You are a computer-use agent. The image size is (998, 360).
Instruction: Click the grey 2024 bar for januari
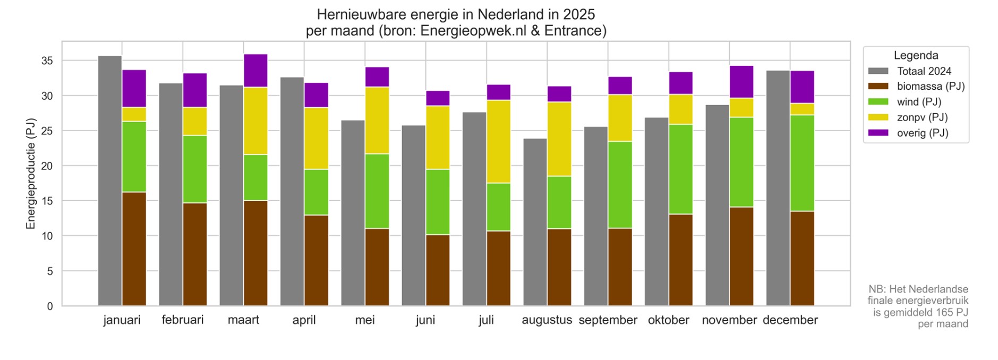110,181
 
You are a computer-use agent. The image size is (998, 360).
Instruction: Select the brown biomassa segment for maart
255,253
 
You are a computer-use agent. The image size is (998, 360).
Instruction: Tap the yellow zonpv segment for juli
499,141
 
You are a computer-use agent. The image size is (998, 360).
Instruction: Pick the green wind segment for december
802,163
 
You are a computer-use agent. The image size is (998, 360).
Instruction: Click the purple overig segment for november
741,82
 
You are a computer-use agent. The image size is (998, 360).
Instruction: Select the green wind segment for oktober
680,169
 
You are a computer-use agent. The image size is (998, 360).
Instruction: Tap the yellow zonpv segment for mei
377,120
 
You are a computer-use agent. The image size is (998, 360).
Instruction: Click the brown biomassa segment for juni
438,270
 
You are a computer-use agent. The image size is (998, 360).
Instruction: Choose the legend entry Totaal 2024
924,71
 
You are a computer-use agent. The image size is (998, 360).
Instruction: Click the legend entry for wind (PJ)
919,102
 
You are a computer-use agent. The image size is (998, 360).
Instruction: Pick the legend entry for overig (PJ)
922,133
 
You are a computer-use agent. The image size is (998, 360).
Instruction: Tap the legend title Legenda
916,55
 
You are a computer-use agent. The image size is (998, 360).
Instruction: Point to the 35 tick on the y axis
47,61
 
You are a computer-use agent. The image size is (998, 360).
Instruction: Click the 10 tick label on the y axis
47,236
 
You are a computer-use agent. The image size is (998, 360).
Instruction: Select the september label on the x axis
608,320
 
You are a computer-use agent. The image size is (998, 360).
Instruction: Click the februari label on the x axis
183,320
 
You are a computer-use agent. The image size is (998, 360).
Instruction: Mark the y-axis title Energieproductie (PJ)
31,174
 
